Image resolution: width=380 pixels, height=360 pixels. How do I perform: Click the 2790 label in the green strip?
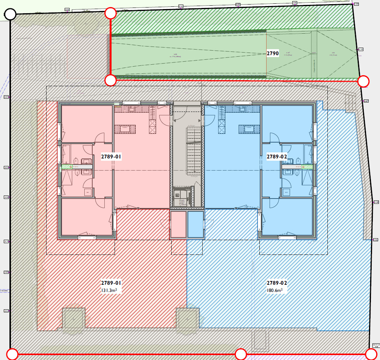(273, 54)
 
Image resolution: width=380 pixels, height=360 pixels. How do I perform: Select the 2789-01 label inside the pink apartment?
(111, 156)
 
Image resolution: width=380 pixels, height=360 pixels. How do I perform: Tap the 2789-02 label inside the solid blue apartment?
(277, 156)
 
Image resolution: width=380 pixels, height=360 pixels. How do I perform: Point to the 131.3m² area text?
(109, 290)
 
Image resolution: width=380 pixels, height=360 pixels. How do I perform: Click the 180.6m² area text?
(275, 290)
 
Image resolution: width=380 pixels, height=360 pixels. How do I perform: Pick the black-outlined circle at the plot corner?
(10, 15)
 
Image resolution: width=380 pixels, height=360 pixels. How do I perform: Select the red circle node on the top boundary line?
(110, 13)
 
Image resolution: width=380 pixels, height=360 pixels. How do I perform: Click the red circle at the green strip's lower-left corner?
(110, 80)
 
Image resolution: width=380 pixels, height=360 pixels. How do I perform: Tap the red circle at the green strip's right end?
(363, 81)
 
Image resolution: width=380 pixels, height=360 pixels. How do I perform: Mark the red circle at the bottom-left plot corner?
(12, 354)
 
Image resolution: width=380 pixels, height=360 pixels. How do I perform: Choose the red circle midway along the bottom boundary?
(241, 354)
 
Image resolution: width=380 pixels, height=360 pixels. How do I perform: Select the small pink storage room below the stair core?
(178, 224)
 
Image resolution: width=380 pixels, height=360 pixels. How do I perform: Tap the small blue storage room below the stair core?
(195, 224)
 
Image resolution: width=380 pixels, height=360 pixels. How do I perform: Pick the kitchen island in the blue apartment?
(249, 129)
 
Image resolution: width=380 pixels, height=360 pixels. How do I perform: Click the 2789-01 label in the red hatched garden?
(111, 283)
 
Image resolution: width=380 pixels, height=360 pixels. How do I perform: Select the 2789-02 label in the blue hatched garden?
(277, 283)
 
